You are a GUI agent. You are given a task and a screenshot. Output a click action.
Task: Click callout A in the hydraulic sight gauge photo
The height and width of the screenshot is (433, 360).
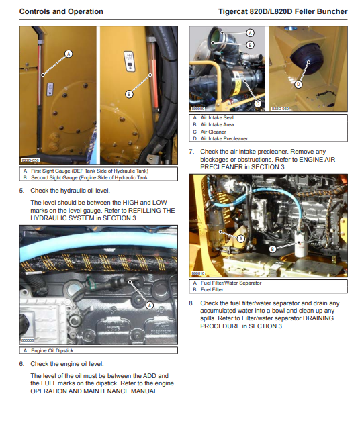(x=69, y=54)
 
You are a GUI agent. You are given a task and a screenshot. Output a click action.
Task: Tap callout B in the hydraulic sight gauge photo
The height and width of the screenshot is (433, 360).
(x=129, y=94)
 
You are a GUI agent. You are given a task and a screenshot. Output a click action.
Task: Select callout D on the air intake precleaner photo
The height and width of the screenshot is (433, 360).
(x=298, y=84)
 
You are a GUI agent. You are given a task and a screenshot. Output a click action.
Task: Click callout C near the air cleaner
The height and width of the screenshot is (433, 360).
(x=257, y=103)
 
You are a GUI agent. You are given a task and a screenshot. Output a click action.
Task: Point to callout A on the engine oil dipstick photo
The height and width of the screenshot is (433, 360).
(x=150, y=305)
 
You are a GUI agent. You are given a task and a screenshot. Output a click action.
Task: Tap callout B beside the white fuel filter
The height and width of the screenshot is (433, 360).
(x=273, y=249)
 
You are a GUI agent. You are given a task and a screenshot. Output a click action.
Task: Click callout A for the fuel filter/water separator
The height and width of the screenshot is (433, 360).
(x=241, y=238)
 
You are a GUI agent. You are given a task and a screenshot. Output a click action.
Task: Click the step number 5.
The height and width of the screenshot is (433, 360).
(x=21, y=191)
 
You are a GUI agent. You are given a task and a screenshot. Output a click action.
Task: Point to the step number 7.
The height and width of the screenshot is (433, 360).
(x=191, y=152)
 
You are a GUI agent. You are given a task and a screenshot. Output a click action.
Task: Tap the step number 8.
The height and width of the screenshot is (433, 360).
(x=191, y=303)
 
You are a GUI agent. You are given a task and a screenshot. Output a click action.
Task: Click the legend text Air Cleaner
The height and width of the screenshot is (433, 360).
(x=213, y=132)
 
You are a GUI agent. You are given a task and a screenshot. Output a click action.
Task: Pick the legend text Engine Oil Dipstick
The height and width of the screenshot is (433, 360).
(x=52, y=350)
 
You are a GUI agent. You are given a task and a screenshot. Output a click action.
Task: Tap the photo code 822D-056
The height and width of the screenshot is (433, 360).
(x=30, y=160)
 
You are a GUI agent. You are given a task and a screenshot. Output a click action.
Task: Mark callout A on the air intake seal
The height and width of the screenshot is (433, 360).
(x=250, y=33)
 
